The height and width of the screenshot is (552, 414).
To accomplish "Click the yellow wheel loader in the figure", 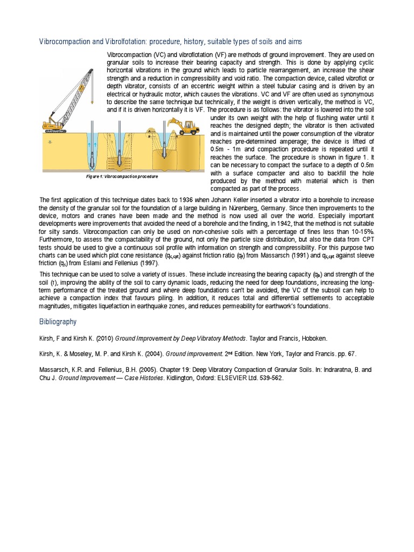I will (185, 127).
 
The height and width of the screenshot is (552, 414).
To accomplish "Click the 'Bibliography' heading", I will (58, 322).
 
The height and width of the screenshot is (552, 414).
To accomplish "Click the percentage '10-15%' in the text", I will (360, 246).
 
